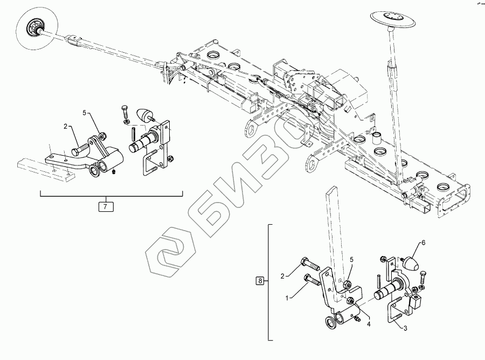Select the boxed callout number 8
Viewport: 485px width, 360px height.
tap(261, 281)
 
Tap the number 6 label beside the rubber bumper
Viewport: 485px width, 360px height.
tap(422, 244)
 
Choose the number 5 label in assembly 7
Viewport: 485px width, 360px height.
tap(85, 113)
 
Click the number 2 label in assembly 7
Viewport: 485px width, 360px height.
tap(65, 127)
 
